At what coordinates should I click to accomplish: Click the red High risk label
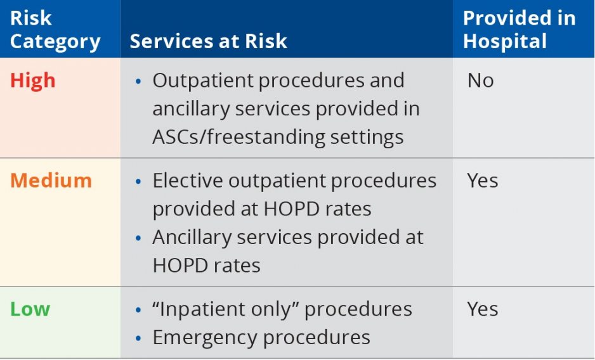[x=32, y=81]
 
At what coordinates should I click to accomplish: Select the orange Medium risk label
[x=51, y=180]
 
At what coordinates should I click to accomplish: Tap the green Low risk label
[x=30, y=309]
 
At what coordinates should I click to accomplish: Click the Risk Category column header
[x=55, y=30]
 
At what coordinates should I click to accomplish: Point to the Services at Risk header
[x=208, y=41]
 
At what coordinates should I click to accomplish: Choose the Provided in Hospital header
[x=519, y=30]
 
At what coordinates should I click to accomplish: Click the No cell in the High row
[x=480, y=80]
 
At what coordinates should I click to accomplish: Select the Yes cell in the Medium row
[x=482, y=181]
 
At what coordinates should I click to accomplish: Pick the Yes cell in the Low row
[x=482, y=309]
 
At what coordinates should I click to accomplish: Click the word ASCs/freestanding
[x=239, y=137]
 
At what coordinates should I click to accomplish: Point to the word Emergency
[x=204, y=338]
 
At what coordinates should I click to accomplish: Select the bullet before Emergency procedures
[x=138, y=338]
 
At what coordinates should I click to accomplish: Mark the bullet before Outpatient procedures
[x=138, y=81]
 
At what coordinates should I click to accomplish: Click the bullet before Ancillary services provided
[x=138, y=238]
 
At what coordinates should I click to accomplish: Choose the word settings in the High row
[x=367, y=138]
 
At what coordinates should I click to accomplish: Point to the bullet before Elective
[x=138, y=181]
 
